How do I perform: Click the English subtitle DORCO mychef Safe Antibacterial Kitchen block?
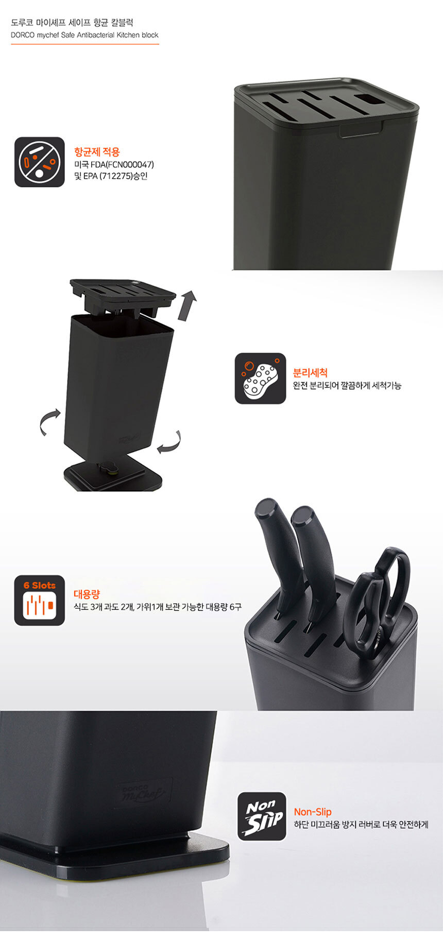tap(84, 36)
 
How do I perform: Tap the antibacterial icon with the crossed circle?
tap(40, 162)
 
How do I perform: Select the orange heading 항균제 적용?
tap(97, 152)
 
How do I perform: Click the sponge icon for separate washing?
tap(260, 378)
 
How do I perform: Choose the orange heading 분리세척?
tap(310, 373)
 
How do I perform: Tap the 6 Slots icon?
tap(40, 601)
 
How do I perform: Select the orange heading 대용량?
tap(87, 594)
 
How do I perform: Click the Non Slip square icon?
tap(262, 816)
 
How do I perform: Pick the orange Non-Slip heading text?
tap(313, 812)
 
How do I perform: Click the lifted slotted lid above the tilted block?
tap(123, 299)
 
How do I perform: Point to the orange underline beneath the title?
tap(85, 44)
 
